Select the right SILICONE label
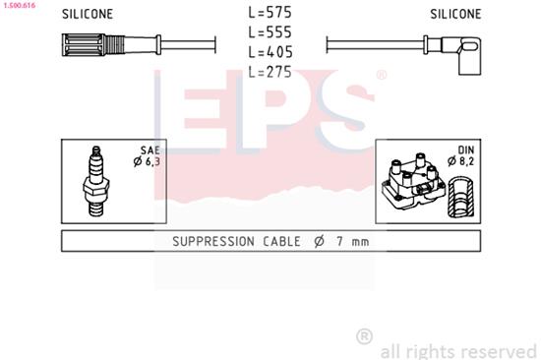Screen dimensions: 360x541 [455, 15]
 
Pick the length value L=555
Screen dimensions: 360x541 [270, 32]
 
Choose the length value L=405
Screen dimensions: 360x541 [270, 51]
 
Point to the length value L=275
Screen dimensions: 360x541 [270, 71]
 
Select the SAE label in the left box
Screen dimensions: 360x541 [149, 150]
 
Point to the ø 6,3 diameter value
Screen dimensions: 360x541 [147, 161]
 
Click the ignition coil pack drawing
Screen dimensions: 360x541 [413, 183]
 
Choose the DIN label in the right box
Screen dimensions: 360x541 [466, 150]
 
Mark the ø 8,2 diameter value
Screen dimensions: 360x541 [464, 161]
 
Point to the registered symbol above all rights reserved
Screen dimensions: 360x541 [364, 335]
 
